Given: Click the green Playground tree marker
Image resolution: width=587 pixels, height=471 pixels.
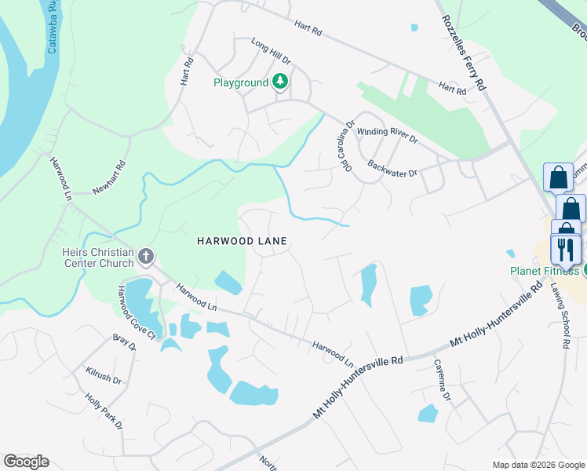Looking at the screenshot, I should [280, 82].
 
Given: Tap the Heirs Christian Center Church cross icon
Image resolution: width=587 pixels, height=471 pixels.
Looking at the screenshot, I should [145, 256].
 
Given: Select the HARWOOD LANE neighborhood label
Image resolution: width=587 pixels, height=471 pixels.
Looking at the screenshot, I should [241, 241].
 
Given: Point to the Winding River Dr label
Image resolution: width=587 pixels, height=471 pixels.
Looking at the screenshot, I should [387, 134].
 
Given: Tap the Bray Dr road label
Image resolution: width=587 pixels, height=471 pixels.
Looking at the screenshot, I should [124, 343].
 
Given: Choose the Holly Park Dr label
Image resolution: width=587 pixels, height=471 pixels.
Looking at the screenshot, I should [104, 411].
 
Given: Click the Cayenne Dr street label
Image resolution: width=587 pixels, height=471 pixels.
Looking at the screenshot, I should [443, 381].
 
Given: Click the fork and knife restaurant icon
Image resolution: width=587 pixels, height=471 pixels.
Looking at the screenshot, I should [565, 250].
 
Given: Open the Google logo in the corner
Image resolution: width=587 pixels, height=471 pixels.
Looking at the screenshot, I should [26, 462].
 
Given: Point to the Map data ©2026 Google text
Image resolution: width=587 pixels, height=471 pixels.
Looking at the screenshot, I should [538, 465].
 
